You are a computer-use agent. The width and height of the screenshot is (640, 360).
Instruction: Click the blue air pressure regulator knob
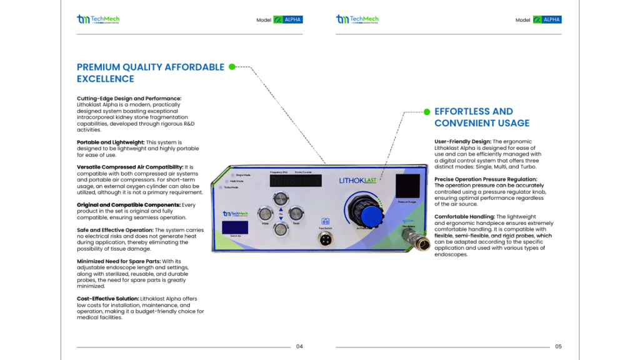371,215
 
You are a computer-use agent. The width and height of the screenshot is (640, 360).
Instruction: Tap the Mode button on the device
266,213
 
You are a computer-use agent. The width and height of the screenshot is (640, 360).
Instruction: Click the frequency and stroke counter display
296,181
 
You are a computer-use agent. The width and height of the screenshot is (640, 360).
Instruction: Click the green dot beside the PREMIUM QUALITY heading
232,67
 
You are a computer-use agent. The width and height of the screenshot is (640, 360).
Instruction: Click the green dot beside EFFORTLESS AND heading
427,112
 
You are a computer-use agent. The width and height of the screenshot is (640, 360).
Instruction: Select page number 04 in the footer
299,346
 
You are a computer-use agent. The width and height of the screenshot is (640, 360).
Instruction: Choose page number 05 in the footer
558,346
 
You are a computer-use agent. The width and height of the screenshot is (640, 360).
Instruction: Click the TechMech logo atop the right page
357,19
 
